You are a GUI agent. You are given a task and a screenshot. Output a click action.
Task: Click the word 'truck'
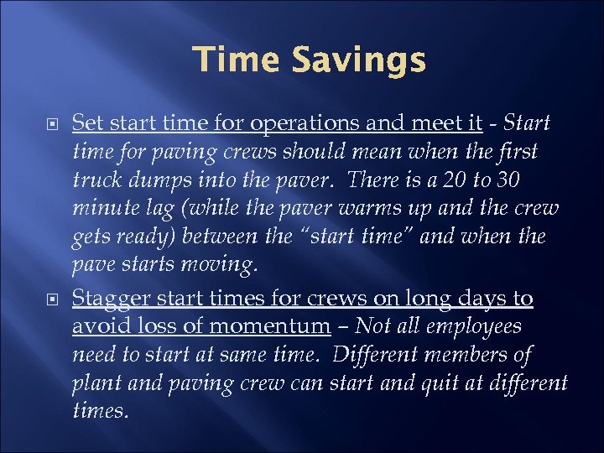pyautogui.click(x=96, y=180)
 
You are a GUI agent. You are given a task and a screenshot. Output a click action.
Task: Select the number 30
pyautogui.click(x=528, y=180)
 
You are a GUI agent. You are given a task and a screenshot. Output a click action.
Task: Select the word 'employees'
pyautogui.click(x=478, y=327)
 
